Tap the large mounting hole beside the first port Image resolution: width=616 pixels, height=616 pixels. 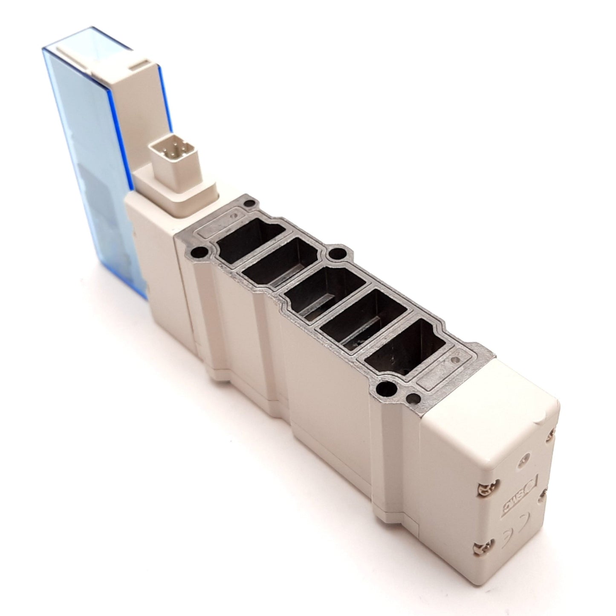tap(197, 252)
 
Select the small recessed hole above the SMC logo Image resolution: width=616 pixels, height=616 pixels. tap(522, 461)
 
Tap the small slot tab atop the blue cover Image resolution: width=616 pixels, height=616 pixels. tap(139, 64)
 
